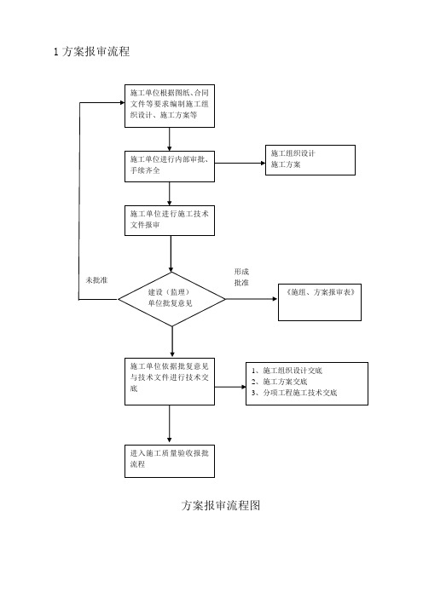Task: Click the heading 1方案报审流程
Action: [x=91, y=53]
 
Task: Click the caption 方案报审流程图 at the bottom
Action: [x=222, y=505]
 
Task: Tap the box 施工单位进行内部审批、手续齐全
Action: [x=170, y=164]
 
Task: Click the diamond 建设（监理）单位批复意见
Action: [x=171, y=298]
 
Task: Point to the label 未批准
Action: [x=96, y=280]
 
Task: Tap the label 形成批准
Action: [x=241, y=277]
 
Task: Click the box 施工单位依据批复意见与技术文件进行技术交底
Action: [x=170, y=380]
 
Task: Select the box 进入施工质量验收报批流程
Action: [x=170, y=460]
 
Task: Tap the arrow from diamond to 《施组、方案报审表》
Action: [x=252, y=299]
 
